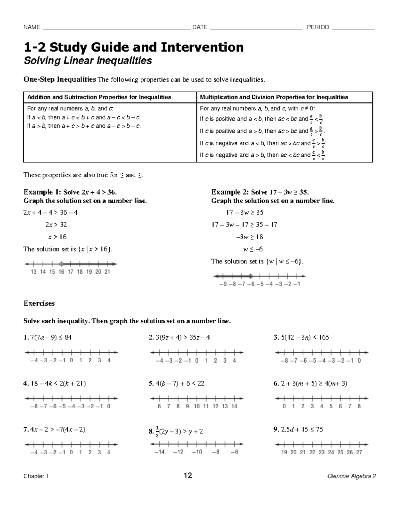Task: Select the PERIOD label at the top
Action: [318, 27]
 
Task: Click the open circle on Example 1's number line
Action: [61, 264]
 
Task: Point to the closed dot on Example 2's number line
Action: [251, 276]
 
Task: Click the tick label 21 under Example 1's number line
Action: [107, 272]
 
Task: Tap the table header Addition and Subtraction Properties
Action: [99, 97]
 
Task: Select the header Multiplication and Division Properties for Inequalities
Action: [274, 97]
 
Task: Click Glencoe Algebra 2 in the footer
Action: [351, 476]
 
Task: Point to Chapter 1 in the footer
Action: [36, 476]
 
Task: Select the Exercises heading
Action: [39, 303]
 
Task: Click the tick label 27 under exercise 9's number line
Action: [359, 452]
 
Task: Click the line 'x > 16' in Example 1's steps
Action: [57, 237]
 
